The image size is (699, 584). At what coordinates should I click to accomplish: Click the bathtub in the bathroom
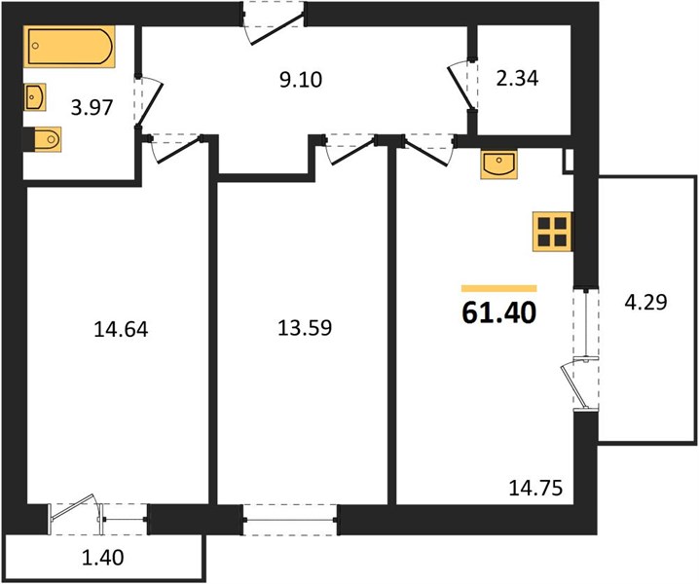coord(69,47)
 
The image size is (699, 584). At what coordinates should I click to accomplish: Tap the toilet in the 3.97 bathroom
coord(43,139)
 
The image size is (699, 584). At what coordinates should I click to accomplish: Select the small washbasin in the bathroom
coord(35,96)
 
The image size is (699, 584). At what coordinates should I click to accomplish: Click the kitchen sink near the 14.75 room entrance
coord(498,164)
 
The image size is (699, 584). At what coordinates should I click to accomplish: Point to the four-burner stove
coord(552,232)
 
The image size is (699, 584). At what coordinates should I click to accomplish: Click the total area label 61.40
coord(498,313)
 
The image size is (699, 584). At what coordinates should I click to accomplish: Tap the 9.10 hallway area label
coord(301,80)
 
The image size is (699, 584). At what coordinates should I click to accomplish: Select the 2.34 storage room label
coord(517,79)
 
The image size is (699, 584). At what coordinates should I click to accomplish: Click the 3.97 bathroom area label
coord(92,107)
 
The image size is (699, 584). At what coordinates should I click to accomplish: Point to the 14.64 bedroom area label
coord(122,330)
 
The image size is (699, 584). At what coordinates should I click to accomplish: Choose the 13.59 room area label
coord(305,328)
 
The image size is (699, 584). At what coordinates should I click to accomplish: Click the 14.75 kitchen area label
coord(535,489)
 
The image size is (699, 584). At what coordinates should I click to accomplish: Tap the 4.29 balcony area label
coord(645,303)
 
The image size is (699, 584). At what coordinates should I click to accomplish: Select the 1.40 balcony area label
coord(103,558)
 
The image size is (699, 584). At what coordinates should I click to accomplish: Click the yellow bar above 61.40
coord(498,288)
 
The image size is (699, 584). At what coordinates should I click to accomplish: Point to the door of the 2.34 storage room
coord(460,88)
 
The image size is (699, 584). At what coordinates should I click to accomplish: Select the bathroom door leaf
coord(150,102)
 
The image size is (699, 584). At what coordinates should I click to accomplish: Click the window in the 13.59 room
coord(290,520)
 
